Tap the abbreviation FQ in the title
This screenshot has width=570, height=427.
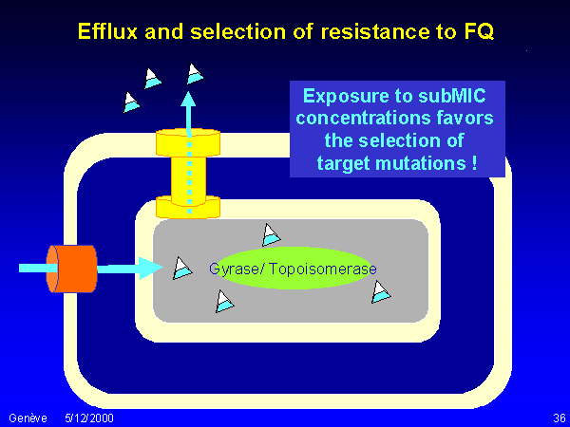(477, 32)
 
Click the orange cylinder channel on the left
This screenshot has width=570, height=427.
(73, 269)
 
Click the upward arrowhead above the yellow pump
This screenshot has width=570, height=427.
(189, 98)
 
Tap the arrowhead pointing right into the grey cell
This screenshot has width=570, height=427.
(152, 269)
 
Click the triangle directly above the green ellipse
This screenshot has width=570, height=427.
(271, 233)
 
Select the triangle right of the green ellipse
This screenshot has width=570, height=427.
(381, 291)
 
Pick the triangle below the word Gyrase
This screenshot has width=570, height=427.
(224, 302)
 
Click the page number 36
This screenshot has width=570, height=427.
(559, 418)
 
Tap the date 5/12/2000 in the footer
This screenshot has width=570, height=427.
(89, 418)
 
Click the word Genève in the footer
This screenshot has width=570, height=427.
(25, 418)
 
